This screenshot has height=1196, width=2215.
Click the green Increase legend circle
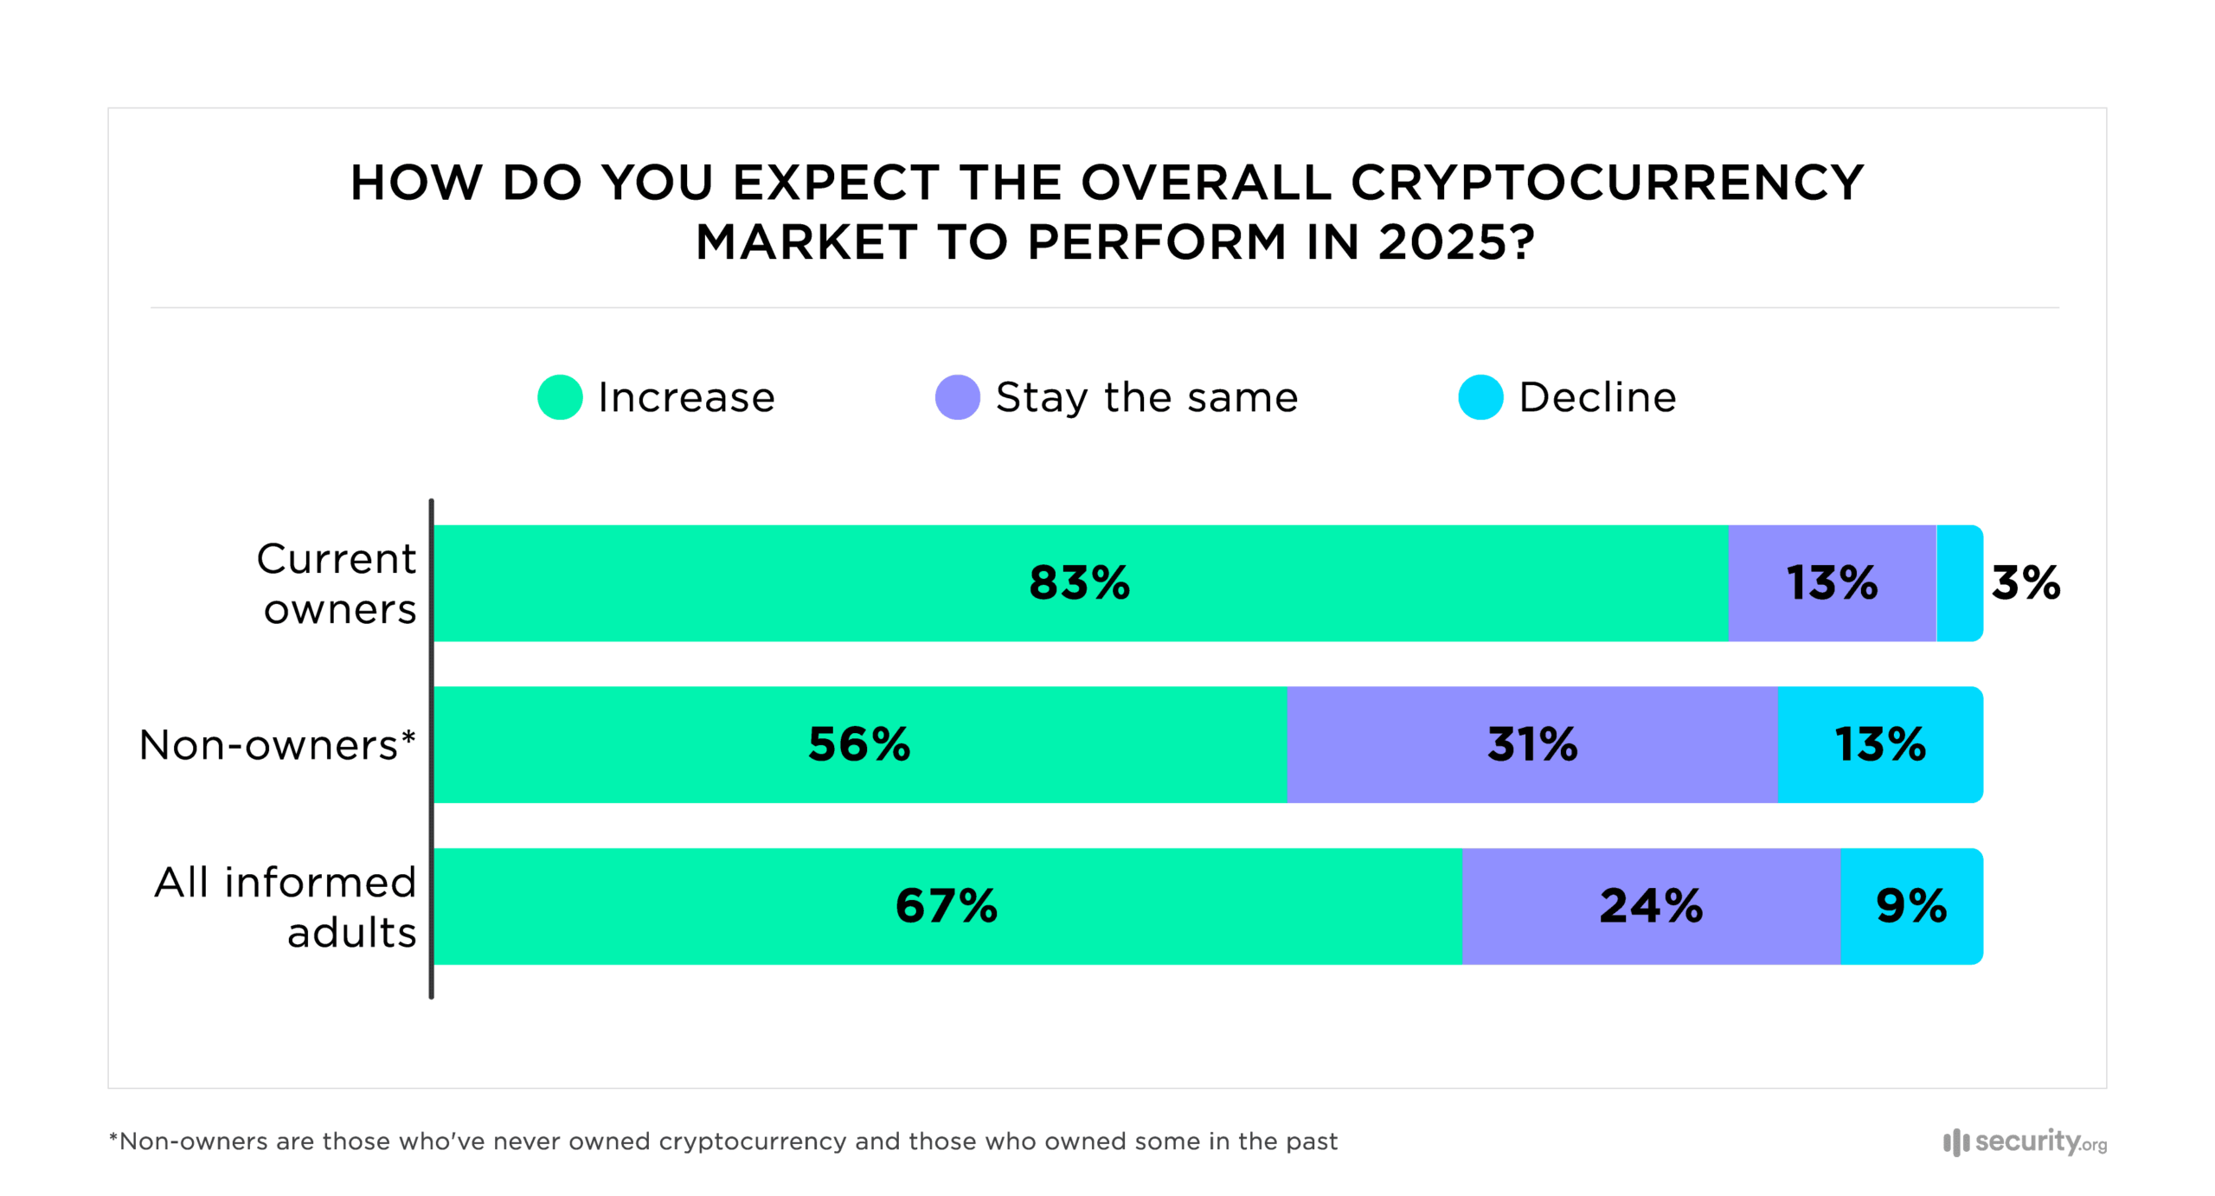[x=559, y=397]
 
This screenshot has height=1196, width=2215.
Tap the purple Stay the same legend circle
[x=957, y=397]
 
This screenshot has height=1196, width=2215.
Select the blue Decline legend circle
[x=1480, y=397]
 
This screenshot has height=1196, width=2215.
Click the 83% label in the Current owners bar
[x=1079, y=582]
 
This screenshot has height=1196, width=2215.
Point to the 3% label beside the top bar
[x=2025, y=582]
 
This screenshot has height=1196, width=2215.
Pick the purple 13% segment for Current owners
[x=1831, y=582]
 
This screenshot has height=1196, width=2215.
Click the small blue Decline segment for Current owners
[x=1958, y=582]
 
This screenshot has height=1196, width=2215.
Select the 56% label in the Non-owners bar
[x=858, y=744]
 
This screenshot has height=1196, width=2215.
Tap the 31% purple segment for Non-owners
[x=1531, y=744]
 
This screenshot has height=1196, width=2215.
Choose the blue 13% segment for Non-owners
[x=1879, y=744]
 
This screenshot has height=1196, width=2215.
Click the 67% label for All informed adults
[x=946, y=906]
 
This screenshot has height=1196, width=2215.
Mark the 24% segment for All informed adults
[x=1650, y=906]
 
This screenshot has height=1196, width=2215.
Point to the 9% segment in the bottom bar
[x=1910, y=906]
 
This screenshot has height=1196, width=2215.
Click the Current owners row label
[x=337, y=583]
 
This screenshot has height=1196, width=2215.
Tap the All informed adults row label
[x=286, y=907]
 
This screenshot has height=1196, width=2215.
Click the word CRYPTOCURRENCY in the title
[x=1606, y=183]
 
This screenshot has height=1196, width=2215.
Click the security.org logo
[x=2025, y=1141]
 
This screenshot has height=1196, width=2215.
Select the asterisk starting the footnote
[x=113, y=1138]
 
